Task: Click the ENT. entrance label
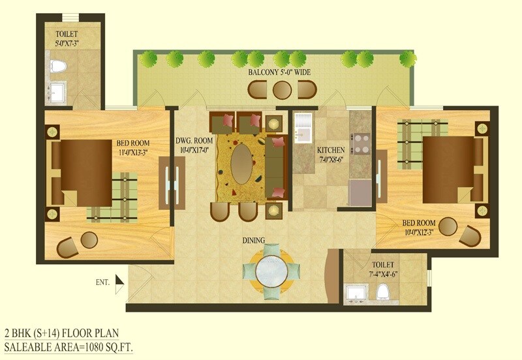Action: point(102,282)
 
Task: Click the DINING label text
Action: point(254,241)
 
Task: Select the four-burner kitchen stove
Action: point(361,143)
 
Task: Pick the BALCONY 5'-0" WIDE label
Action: point(279,72)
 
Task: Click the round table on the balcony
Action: point(282,90)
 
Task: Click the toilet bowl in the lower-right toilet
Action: point(383,292)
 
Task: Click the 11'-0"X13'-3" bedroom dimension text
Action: point(134,153)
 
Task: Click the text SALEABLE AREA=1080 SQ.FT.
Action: point(72,346)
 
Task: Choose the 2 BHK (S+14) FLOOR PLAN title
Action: point(62,333)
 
